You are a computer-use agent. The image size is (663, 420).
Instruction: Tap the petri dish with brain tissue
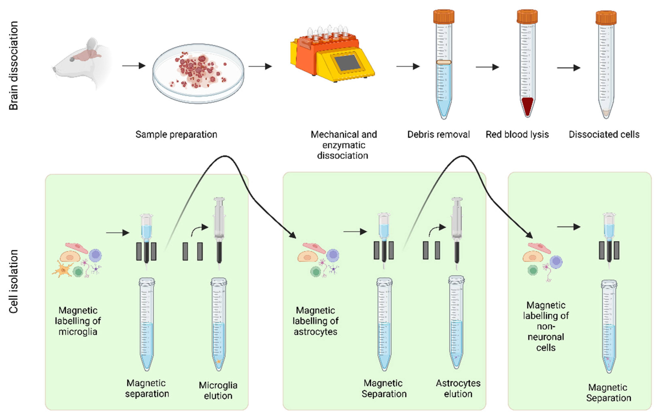198,73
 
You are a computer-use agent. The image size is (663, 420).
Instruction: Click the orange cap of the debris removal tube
443,17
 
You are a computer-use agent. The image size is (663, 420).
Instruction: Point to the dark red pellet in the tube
527,106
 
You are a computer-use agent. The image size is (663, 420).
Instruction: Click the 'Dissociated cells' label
604,134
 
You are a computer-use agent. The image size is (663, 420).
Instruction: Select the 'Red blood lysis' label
517,134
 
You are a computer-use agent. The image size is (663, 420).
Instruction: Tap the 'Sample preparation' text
176,134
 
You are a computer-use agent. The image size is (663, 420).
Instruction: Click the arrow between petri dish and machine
260,66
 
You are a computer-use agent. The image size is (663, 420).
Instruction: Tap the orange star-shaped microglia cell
63,270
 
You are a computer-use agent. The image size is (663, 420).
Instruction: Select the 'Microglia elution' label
218,390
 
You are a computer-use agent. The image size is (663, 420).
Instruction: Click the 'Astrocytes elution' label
458,388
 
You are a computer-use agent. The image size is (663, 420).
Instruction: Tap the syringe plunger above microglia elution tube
219,209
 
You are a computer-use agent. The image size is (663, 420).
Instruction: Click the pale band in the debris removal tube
443,62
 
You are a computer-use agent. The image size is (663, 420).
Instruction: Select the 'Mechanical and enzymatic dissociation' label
343,145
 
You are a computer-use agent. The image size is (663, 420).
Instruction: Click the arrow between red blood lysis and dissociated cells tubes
568,68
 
